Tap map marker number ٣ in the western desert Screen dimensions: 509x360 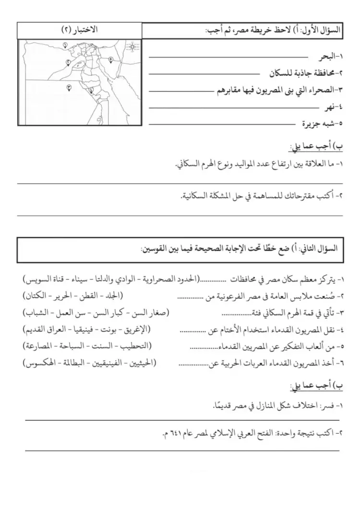click(69, 87)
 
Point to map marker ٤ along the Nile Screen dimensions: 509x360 click(90, 88)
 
